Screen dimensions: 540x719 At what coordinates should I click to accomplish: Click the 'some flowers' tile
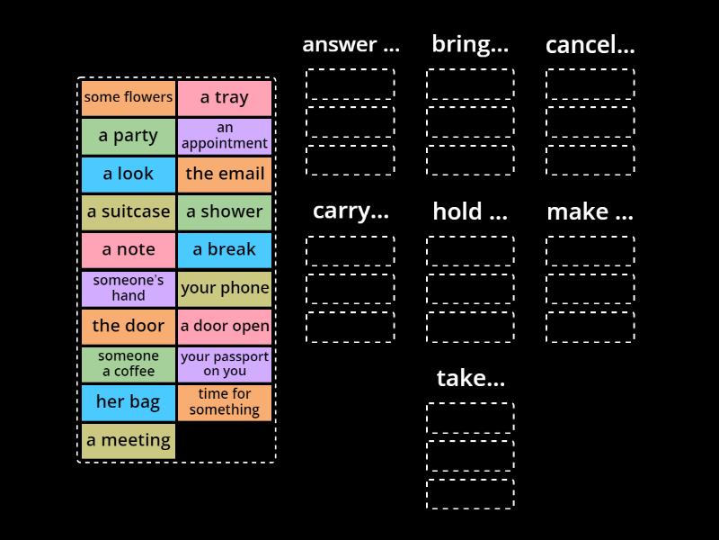[x=129, y=98]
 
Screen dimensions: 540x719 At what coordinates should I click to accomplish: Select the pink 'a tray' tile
[x=225, y=98]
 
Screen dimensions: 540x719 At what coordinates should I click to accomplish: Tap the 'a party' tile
[x=129, y=136]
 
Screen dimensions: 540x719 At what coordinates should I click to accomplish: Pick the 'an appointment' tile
[x=225, y=136]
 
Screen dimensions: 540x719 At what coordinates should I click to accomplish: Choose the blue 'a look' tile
[x=129, y=174]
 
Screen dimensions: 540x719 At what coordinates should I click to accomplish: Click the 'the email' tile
[x=225, y=174]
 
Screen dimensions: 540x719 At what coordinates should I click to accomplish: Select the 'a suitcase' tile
[x=129, y=212]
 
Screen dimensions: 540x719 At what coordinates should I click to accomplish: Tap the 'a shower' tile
[x=225, y=212]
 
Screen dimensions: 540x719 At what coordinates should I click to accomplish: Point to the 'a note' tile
[x=129, y=250]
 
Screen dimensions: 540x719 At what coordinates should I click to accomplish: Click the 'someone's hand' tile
[x=129, y=288]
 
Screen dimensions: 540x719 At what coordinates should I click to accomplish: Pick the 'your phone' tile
[x=225, y=288]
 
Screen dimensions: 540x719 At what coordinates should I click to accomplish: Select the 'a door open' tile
[x=225, y=326]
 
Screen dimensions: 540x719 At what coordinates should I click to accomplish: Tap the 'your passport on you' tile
[x=225, y=364]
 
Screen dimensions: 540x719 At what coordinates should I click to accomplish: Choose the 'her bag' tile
[x=129, y=402]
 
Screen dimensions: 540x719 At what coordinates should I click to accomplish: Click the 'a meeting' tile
[x=129, y=440]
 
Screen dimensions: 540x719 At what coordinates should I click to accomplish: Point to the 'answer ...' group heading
[x=351, y=44]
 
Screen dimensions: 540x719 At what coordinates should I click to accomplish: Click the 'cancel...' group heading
[x=590, y=44]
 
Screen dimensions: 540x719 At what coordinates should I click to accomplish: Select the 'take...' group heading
[x=470, y=378]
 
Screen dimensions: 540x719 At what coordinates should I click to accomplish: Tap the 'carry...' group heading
[x=351, y=211]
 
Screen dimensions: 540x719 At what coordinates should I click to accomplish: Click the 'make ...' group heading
[x=590, y=211]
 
